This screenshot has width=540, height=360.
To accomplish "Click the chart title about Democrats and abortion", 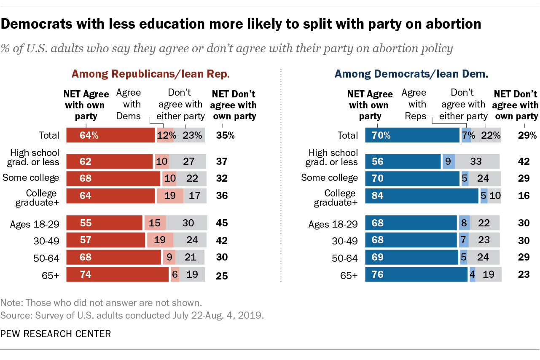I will (241, 24).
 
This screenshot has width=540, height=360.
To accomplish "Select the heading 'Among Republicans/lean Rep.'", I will (150, 74).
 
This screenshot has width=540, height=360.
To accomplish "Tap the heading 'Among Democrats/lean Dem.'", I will (411, 74).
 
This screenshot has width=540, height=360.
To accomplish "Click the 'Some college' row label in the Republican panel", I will (31, 177).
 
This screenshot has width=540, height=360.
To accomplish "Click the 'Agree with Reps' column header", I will (414, 104).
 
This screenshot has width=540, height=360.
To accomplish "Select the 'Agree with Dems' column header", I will (128, 104).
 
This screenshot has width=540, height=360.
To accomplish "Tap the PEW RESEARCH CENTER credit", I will (55, 334).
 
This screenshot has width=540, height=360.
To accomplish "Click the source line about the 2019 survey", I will (132, 315).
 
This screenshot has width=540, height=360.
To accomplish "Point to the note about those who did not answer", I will (101, 302).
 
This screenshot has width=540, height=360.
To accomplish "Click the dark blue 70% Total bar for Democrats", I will (412, 135).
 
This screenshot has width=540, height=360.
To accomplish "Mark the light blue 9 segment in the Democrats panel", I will (448, 161).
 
